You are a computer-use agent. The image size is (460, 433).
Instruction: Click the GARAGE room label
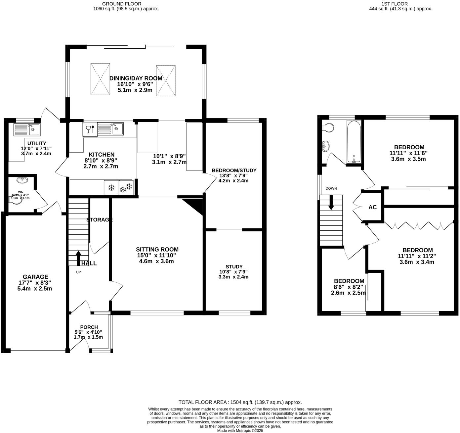click(35, 277)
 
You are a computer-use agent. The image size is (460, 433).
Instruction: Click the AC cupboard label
click(372, 207)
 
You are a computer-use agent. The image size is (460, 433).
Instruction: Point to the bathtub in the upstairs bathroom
click(354, 142)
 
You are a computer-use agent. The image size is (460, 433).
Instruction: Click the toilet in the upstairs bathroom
click(328, 127)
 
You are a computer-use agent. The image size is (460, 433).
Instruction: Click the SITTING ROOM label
click(157, 250)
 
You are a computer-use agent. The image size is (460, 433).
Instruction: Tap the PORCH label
click(89, 327)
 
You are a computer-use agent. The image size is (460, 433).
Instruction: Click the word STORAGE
click(100, 219)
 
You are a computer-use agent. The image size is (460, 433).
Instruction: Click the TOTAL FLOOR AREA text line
click(240, 402)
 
